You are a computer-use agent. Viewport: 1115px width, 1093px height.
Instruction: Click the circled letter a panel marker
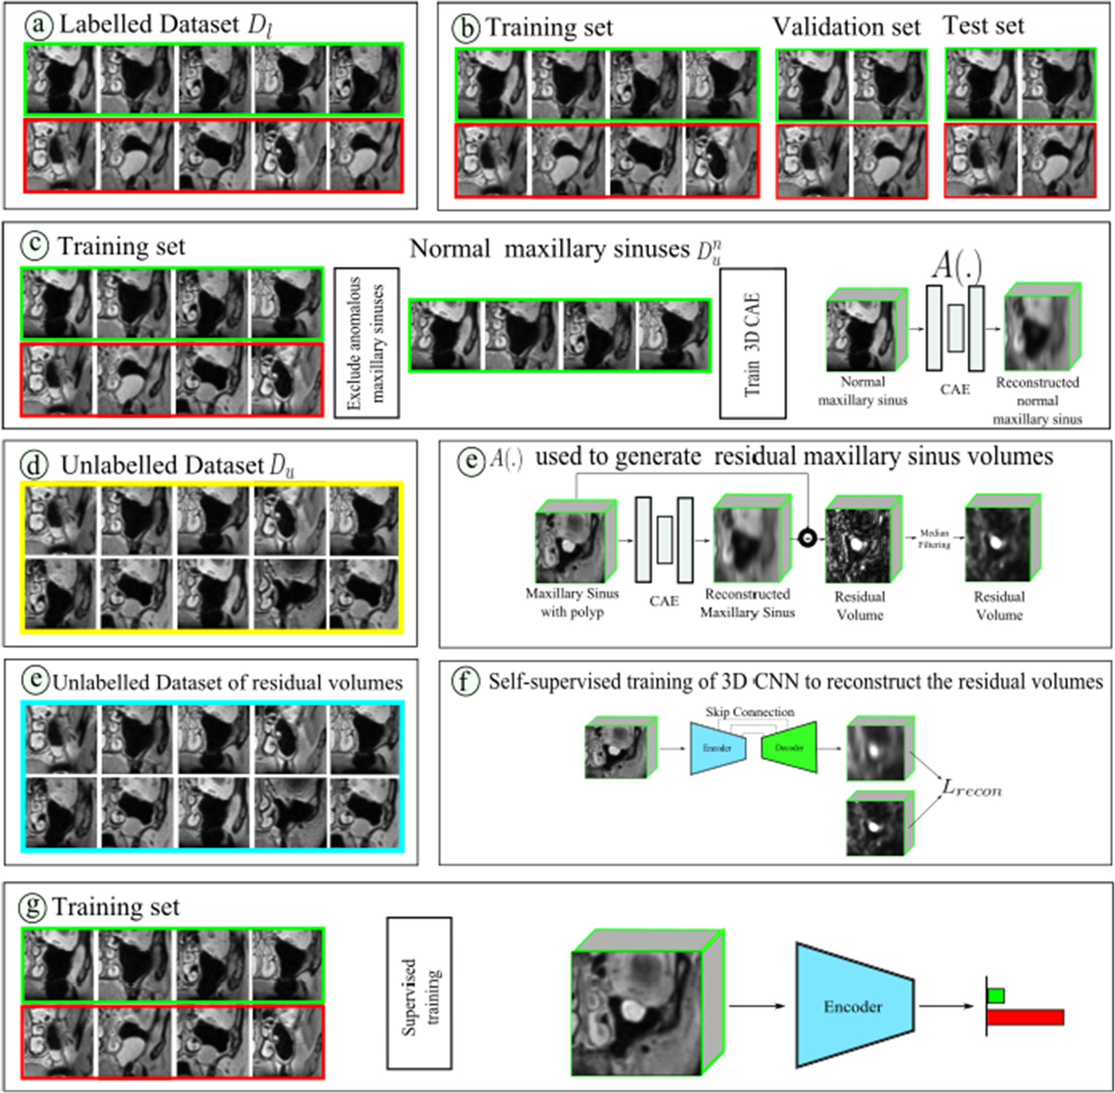[38, 25]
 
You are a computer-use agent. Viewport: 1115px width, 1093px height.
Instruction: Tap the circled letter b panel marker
[466, 27]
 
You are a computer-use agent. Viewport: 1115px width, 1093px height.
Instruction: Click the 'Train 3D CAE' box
[752, 343]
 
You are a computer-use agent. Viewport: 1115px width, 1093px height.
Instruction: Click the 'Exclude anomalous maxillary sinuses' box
[366, 343]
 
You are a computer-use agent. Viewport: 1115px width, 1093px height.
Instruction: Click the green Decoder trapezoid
[790, 747]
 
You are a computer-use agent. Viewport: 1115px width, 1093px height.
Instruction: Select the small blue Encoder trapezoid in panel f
[717, 747]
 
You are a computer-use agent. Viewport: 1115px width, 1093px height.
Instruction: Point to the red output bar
[1025, 1017]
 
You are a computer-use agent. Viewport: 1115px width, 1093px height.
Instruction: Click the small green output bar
[996, 995]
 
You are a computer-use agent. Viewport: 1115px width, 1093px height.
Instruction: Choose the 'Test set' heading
[983, 26]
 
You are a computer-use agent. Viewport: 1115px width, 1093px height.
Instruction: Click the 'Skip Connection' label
[749, 712]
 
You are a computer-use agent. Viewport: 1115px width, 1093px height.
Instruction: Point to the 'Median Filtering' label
[934, 539]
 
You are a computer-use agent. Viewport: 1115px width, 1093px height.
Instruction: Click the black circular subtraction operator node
[807, 539]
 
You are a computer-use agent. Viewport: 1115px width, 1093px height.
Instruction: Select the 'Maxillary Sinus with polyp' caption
[572, 602]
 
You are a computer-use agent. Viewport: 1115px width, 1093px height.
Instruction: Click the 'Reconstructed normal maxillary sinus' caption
[1037, 401]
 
